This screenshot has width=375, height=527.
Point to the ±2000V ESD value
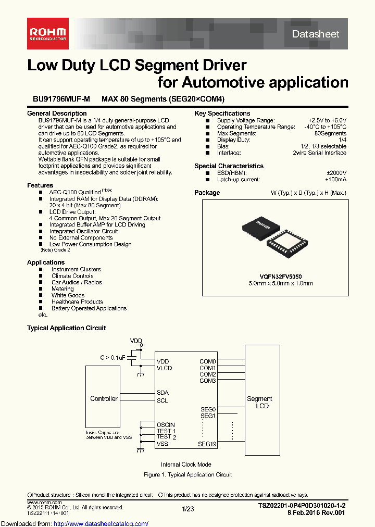coord(336,173)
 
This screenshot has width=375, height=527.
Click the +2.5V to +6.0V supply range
coord(327,120)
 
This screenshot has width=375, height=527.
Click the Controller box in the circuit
coord(104,398)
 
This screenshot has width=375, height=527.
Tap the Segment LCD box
coord(259,402)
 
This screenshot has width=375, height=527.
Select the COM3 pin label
coord(207,381)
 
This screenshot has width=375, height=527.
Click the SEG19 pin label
coord(207,444)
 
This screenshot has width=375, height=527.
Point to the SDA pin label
coord(162,393)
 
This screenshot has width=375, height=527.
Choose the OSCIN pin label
coord(166,425)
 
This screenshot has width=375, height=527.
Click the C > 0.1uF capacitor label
coord(113,357)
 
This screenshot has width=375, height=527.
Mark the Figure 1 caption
coord(187,475)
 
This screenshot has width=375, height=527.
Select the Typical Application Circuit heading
coord(66,328)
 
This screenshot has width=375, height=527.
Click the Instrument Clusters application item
coord(76,269)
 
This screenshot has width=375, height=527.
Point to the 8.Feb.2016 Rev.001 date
coord(316,513)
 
